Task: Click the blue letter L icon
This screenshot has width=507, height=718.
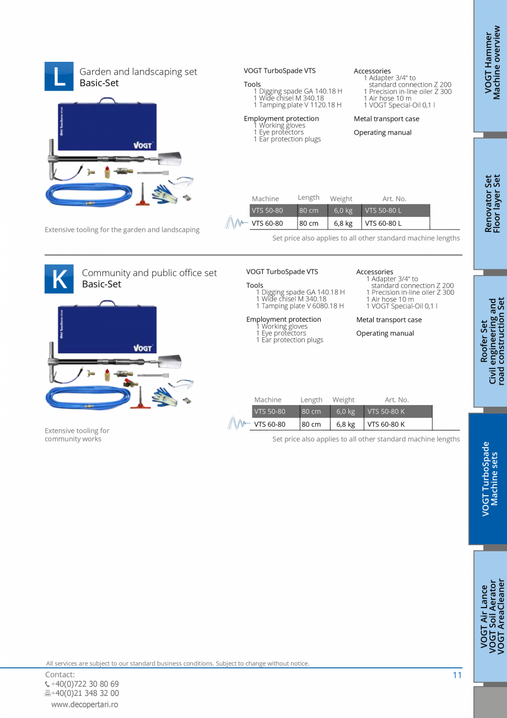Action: pos(59,77)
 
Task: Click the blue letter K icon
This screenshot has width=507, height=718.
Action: pos(59,279)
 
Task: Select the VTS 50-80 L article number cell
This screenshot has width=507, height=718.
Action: pos(396,211)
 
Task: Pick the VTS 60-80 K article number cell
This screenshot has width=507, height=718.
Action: pos(398,424)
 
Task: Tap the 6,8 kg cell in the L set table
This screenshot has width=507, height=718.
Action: pos(343,224)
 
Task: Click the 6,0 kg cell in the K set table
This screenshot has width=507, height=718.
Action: pos(346,412)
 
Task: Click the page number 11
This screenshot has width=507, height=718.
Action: pos(457,675)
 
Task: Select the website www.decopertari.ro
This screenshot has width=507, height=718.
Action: pos(84,704)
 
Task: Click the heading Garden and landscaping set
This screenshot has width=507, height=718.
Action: pos(138,72)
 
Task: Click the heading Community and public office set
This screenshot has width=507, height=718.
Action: pos(149,273)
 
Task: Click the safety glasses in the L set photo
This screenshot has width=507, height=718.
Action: pos(181,182)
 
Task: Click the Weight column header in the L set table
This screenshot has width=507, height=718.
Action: pos(341,199)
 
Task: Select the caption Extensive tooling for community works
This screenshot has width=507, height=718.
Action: pos(77,434)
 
